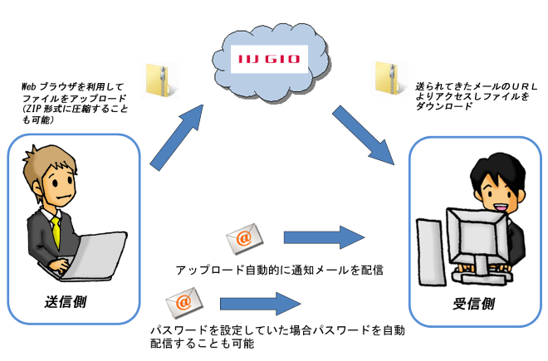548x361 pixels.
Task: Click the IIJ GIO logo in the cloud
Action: (x=270, y=58)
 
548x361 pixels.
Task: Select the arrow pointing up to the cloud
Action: (x=179, y=133)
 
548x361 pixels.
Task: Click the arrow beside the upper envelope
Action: (x=323, y=238)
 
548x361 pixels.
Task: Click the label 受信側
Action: (x=473, y=303)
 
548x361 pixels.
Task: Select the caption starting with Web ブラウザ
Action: (x=73, y=103)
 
